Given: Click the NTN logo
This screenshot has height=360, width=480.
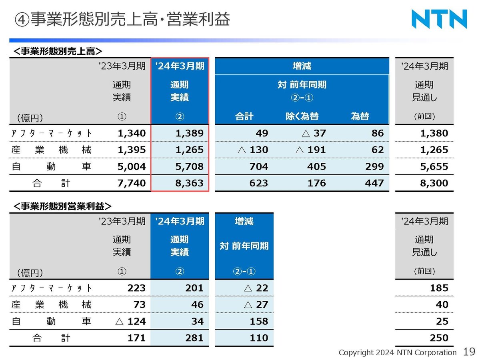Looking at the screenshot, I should [439, 19].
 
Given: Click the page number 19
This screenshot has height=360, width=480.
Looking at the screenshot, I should [469, 352].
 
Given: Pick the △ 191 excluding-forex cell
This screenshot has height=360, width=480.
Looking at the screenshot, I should [310, 150].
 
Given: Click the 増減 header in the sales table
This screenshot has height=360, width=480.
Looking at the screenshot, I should [302, 66].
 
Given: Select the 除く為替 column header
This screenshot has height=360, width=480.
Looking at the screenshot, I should [302, 116].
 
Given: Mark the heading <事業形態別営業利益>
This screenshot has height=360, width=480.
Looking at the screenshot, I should [62, 206].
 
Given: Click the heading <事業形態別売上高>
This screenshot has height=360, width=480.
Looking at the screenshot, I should [58, 51].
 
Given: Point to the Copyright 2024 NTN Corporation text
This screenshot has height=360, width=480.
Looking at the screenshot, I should [397, 352].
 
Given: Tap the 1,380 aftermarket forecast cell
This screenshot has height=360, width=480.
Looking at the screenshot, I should [434, 133].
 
